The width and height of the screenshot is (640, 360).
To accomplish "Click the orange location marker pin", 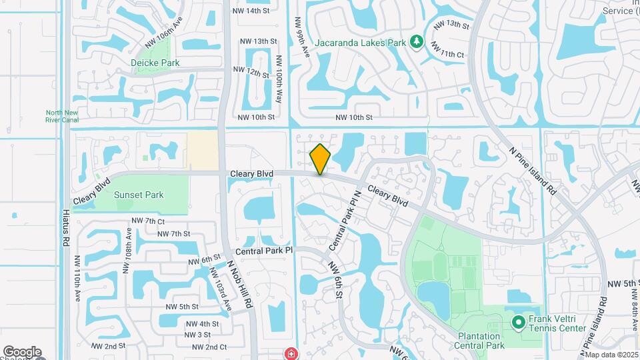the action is pos(321,159).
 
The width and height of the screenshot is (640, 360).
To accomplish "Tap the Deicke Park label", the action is pos(155,63).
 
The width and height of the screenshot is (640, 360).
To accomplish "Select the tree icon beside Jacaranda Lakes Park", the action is pos(417,43).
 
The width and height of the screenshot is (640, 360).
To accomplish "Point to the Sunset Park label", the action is pos(139,195).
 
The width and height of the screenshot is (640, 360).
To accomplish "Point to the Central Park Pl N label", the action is pos(345,219).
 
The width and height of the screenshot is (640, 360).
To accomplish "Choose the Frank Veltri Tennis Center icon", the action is pos(519,323).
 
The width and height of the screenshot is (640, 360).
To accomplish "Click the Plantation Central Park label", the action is pos(479,341).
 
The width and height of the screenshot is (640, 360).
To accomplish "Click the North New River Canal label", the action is pos(62,116).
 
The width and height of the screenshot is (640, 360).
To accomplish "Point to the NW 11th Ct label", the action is pos(447,49).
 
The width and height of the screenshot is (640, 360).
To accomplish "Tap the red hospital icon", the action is pos(291,353).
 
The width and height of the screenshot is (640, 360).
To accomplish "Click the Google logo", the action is pos(22,352).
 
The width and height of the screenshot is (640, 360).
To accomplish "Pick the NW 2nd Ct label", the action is pos(209,347).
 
